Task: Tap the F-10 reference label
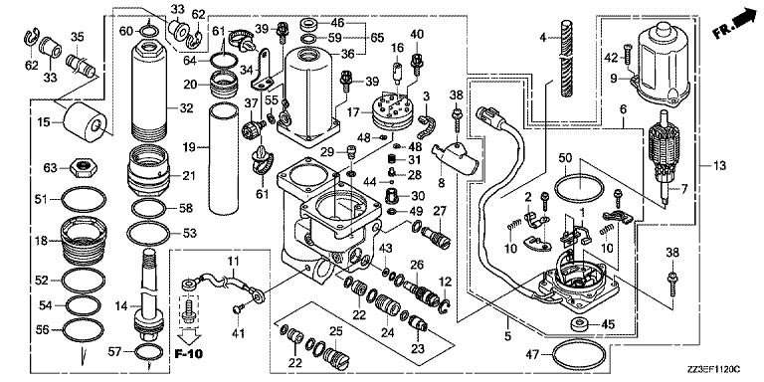[189, 353]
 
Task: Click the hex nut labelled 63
[84, 169]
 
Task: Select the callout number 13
[720, 166]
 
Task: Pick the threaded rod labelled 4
[569, 60]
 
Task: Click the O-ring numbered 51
[84, 199]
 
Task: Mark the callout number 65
[377, 37]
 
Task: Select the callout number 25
[334, 331]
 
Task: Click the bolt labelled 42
[627, 57]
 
